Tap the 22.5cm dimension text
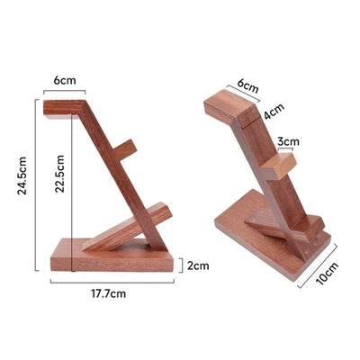(x=57, y=167)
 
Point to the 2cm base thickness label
(x=198, y=265)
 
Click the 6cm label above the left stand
(x=64, y=80)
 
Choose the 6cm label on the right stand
(x=247, y=87)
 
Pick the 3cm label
(x=288, y=141)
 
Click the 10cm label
(x=331, y=271)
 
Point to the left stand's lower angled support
(x=126, y=224)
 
